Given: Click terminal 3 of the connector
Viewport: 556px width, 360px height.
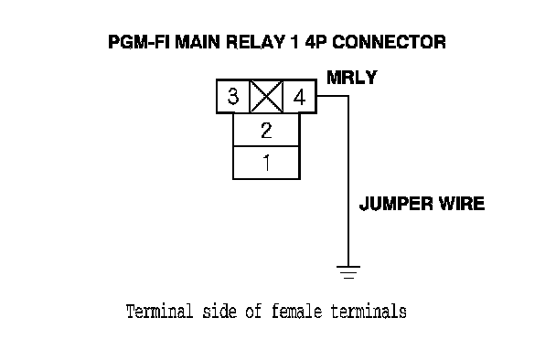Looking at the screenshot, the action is point(233,96).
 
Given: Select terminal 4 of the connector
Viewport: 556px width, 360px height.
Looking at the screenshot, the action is point(300,96).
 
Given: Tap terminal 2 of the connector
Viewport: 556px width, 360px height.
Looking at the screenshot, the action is point(266,130).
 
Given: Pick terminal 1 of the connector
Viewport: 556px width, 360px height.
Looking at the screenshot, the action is point(266,163).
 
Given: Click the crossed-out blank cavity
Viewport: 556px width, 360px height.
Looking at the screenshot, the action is point(267,96).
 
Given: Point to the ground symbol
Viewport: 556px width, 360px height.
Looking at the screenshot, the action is point(348,271).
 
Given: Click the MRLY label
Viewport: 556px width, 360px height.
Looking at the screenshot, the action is point(352,78).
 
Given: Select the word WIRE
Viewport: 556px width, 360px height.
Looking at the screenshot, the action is point(462,204).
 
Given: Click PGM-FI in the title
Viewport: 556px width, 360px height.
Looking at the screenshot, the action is point(139,42).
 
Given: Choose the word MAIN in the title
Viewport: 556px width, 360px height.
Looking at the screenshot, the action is point(198,42).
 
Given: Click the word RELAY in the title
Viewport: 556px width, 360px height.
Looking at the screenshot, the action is point(255,42).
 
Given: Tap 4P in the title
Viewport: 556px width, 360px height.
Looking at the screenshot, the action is point(315,42).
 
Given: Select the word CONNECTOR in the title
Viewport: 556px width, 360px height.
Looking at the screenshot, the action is point(389,42).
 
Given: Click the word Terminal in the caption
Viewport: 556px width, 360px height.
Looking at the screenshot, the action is point(159,312).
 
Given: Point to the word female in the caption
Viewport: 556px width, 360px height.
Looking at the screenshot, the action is point(297,312).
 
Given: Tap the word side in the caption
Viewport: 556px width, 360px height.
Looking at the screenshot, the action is point(219,312).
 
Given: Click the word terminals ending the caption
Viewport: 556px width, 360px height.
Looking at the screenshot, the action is point(369,312).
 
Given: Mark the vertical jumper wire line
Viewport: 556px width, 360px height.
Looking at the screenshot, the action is point(348,181).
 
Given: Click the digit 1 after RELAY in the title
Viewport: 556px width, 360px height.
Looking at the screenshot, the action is point(294,42).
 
